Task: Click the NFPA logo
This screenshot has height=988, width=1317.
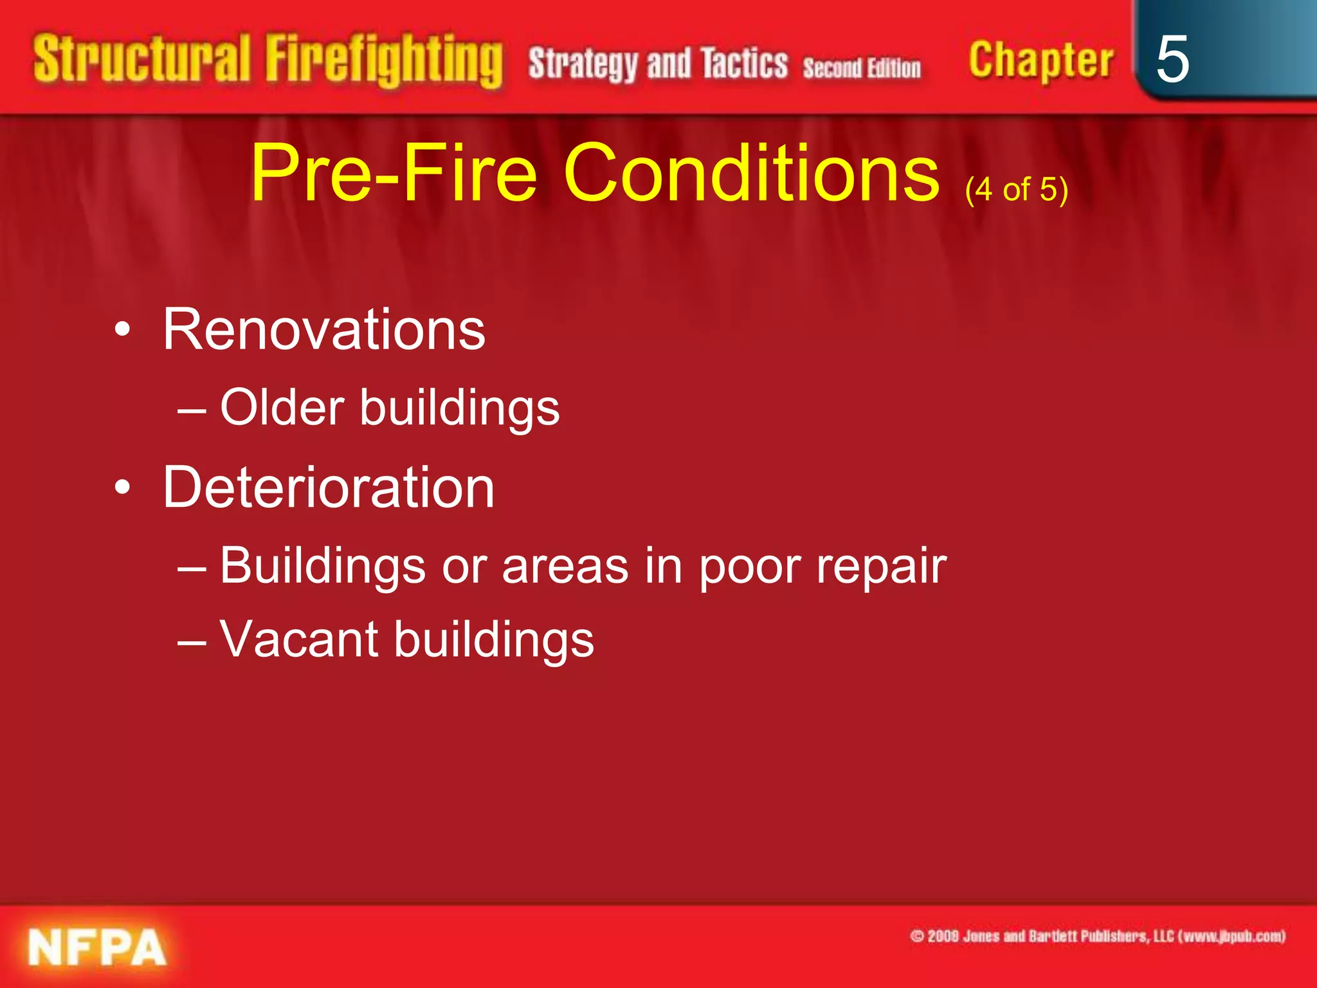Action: pos(96,947)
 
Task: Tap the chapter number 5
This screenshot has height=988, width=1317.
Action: pos(1172,59)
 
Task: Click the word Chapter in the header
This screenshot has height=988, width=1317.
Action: pos(1040,61)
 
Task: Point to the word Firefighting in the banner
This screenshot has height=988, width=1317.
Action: pos(384,61)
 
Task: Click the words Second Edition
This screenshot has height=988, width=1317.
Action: pos(861,68)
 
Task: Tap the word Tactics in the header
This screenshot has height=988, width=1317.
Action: pos(744,64)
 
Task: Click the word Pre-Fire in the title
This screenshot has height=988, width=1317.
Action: pos(393,173)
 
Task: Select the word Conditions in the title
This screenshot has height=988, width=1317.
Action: pos(751,173)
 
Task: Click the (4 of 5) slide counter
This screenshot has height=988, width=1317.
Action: pos(1016,190)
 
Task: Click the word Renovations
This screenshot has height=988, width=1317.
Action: pos(323,329)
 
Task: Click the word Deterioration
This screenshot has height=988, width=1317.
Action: pos(329,487)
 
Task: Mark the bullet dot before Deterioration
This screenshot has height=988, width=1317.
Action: pos(122,488)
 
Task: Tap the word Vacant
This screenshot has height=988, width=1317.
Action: pos(298,639)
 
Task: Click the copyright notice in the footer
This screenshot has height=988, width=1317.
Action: pos(1097,936)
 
